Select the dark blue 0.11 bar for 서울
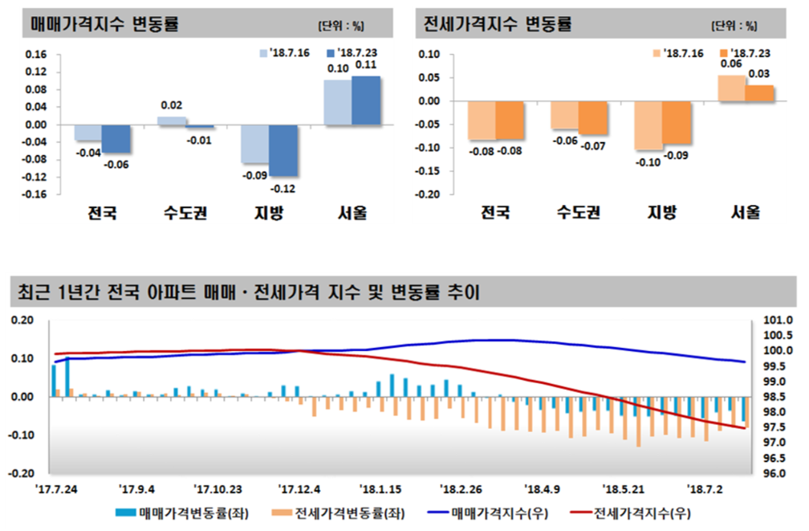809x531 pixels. [366, 100]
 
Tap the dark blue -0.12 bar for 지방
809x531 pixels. [283, 151]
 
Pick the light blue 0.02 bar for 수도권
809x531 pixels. [171, 120]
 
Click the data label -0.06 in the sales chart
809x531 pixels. [117, 165]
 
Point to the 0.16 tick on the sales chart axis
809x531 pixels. [38, 55]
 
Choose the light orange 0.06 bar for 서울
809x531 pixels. [730, 88]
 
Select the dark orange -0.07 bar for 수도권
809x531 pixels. [593, 118]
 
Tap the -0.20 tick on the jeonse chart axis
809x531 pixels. [429, 194]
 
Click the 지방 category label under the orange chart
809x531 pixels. [662, 214]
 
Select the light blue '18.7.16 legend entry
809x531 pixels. [287, 53]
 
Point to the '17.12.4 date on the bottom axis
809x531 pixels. [299, 488]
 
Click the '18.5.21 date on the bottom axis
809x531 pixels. [624, 488]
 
